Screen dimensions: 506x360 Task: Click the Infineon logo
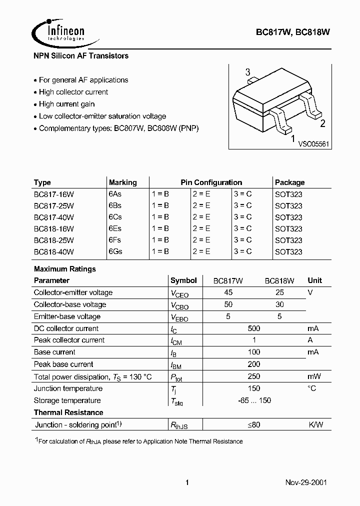point(59,31)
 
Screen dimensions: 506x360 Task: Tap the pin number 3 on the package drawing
point(247,73)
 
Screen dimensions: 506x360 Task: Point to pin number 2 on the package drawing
point(322,124)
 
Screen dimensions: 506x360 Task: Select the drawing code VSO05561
point(313,144)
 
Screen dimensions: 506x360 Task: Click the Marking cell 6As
point(115,194)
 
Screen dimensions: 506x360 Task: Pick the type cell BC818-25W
point(53,240)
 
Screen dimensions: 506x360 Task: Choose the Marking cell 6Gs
point(115,251)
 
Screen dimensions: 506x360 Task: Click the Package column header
point(289,182)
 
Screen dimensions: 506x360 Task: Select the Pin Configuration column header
point(211,182)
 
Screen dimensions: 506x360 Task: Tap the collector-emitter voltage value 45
point(228,292)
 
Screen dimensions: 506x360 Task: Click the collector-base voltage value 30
point(279,304)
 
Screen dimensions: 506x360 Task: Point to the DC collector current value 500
point(253,328)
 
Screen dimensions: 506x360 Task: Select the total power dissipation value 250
point(253,376)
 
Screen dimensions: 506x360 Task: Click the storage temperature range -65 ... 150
point(254,400)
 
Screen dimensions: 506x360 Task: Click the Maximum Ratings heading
point(64,269)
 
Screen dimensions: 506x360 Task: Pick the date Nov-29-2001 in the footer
point(306,482)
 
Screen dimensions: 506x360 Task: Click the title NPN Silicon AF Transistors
point(81,56)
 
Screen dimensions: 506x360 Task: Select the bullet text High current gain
point(66,104)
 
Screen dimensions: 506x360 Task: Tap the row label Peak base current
point(63,364)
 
